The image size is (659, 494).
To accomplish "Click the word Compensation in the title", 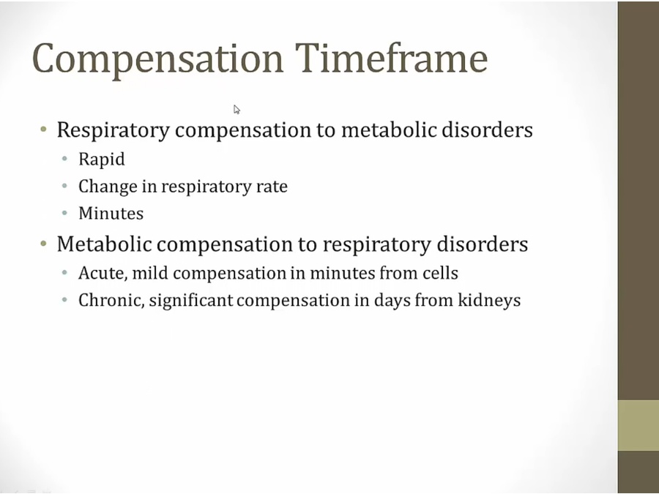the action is coord(157,59).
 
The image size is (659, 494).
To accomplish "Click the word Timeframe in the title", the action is coord(391,58).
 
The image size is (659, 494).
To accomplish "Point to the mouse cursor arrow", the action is coord(237,110).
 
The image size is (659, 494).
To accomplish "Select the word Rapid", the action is coord(102,160).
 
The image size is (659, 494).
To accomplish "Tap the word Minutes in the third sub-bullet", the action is coord(111,214).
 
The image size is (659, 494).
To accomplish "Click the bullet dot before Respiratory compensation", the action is coord(43,129).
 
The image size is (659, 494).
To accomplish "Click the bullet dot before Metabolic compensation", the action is coord(43,243).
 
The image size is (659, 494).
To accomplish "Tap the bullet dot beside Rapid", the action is coord(64,159).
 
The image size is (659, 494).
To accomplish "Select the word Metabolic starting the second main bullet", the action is coord(104,244).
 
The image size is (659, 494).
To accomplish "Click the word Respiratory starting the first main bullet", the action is coord(113,130).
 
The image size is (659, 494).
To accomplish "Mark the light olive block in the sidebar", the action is coord(638,425).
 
